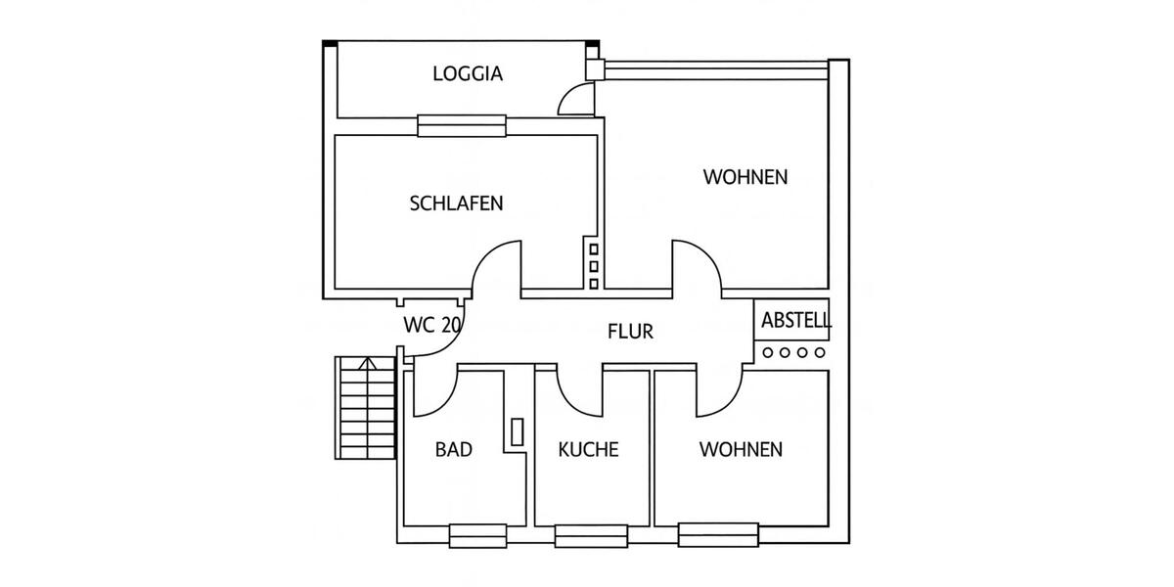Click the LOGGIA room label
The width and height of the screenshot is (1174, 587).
tap(468, 73)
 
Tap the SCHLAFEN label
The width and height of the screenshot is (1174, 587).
tap(456, 203)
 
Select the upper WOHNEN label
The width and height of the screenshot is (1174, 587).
tap(745, 177)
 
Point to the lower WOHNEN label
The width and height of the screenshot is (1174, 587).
tap(741, 449)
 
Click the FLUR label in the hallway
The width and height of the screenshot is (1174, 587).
tap(630, 332)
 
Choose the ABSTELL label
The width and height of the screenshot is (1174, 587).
tap(796, 320)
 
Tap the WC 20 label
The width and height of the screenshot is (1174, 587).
tap(431, 325)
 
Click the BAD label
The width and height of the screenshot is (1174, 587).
tap(454, 449)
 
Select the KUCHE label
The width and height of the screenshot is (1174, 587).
tap(588, 449)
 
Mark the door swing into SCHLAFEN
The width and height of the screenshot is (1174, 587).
tap(496, 266)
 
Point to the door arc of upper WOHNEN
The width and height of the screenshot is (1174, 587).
tap(697, 264)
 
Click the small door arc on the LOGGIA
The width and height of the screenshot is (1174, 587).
tap(574, 99)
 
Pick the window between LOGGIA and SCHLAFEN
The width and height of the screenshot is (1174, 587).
tap(462, 125)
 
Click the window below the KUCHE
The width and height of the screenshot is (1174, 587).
tap(590, 536)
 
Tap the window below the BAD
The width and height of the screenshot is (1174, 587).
tap(477, 536)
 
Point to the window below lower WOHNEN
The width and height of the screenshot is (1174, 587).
tap(718, 535)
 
